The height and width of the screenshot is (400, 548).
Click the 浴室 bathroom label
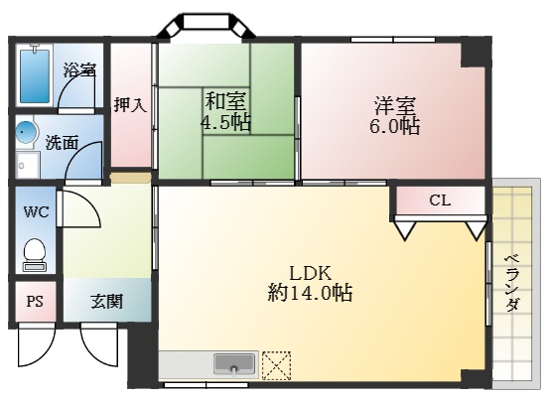point(79,70)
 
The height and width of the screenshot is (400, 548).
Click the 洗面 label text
point(62,142)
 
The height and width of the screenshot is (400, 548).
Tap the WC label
point(36,211)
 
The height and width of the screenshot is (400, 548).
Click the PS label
point(35,301)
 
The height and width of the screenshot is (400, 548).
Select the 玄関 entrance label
point(107,301)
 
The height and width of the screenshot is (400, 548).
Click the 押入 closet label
point(130,104)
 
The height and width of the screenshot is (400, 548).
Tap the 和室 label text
point(227,101)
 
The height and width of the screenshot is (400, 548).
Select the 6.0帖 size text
point(395,128)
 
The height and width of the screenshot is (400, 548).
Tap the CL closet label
point(440,200)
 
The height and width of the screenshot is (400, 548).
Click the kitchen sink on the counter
point(233,364)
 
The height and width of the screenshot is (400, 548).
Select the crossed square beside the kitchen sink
point(276,364)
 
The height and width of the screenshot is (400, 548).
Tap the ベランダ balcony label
point(512,283)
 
